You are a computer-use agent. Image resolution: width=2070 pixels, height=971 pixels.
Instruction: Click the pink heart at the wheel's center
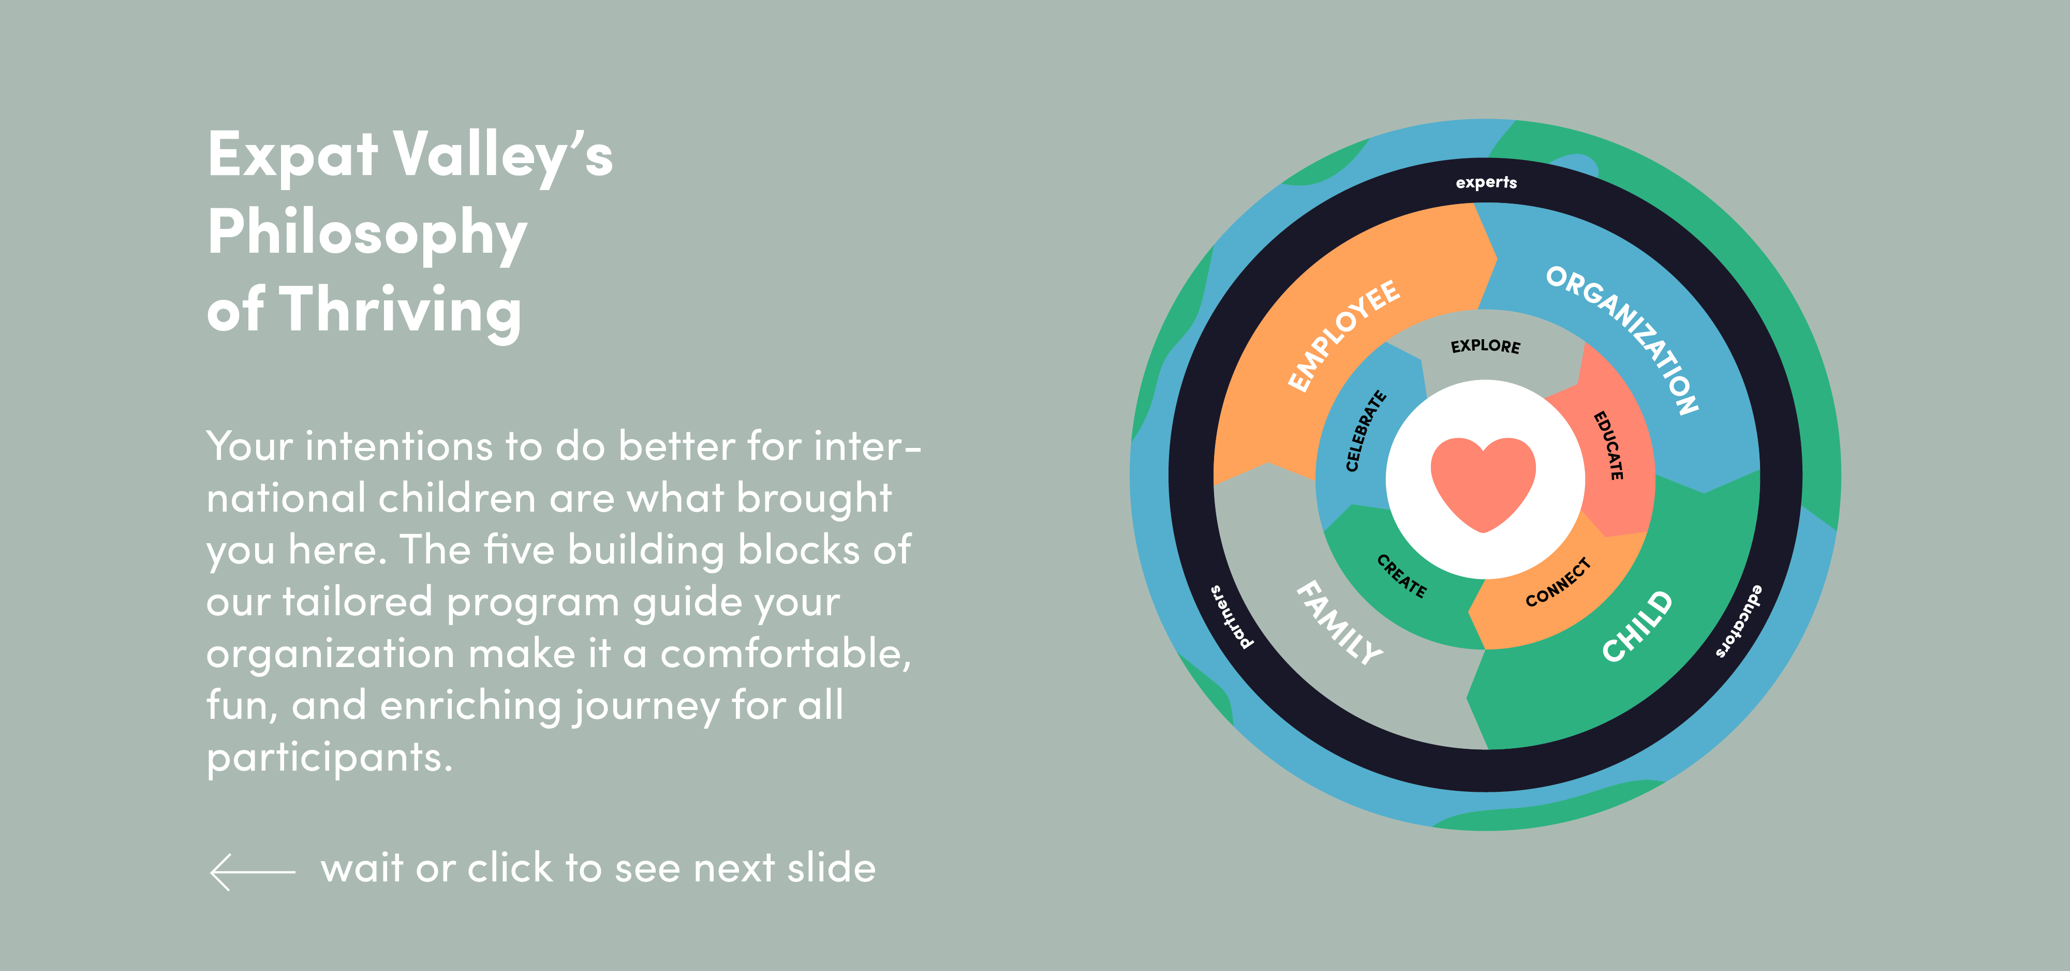coord(1483,482)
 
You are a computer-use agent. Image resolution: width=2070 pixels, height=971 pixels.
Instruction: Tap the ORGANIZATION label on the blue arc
coord(1622,339)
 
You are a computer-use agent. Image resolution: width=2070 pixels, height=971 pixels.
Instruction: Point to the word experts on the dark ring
coord(1486,182)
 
